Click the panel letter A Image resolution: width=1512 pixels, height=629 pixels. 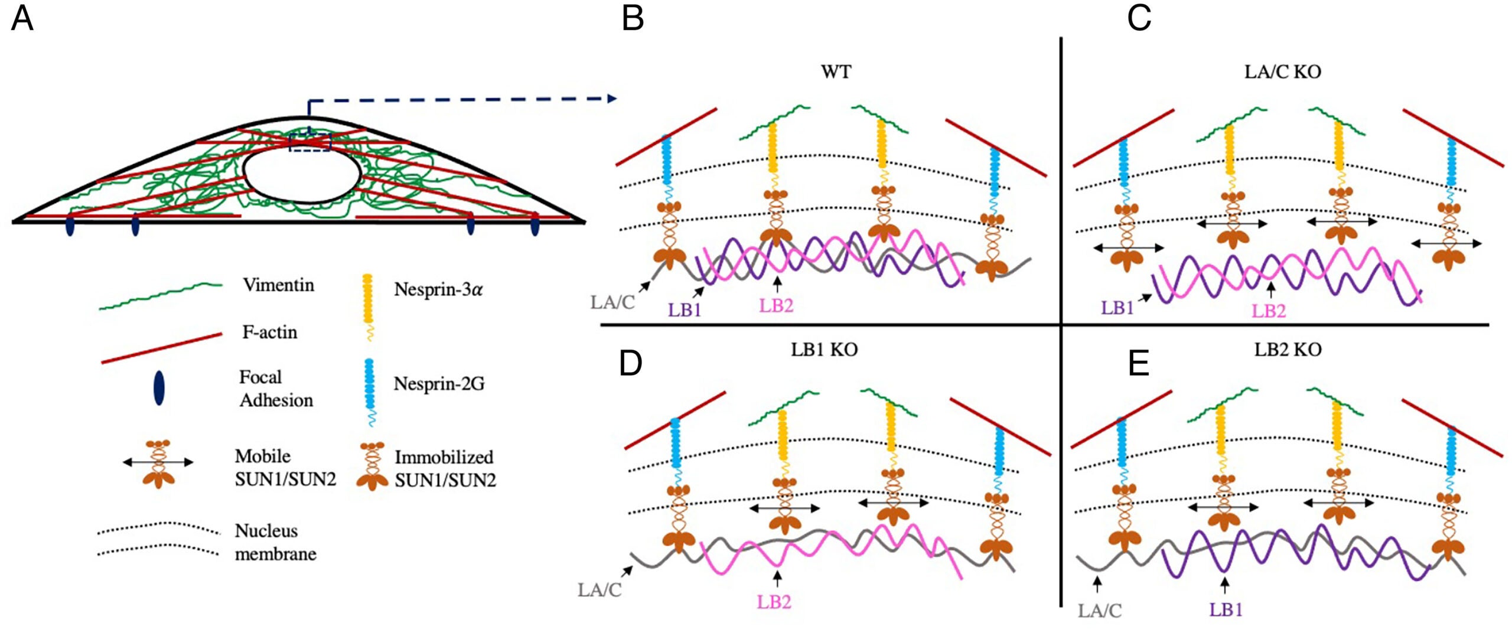tap(22, 19)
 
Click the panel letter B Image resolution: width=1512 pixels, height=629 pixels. tap(633, 19)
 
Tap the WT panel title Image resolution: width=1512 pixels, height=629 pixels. tap(836, 72)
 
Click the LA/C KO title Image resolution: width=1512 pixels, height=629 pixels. tap(1282, 72)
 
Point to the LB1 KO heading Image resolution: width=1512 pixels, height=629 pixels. tap(824, 350)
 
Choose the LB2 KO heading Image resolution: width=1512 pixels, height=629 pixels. tap(1288, 350)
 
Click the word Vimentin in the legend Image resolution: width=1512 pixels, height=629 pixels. tap(278, 285)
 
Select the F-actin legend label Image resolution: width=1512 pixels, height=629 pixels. tap(269, 332)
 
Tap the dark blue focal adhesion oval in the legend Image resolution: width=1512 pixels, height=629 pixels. tap(158, 387)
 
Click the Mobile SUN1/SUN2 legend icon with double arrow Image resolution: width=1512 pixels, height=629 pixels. tap(158, 463)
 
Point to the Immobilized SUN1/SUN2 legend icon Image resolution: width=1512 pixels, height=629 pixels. tap(372, 467)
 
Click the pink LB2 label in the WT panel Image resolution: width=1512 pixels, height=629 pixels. tap(776, 305)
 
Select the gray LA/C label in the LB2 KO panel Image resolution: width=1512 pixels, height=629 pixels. tap(1099, 611)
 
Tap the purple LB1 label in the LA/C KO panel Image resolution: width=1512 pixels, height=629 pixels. tap(1117, 308)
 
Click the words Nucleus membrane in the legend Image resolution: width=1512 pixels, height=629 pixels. tap(275, 542)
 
